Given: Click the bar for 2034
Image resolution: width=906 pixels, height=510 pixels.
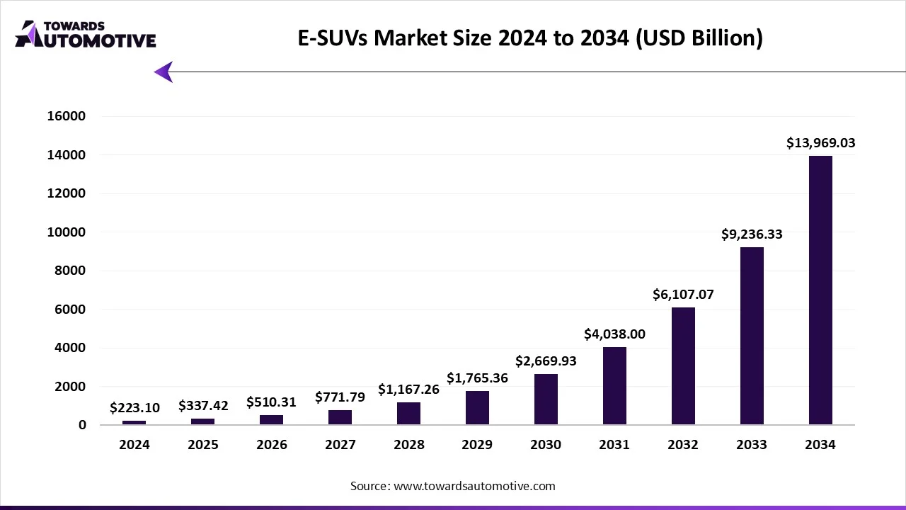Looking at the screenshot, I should point(820,290).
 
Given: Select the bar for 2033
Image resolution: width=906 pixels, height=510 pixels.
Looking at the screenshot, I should point(752,336).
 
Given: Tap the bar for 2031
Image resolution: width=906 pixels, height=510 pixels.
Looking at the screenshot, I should point(614,386).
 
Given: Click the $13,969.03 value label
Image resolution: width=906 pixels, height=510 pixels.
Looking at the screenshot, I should point(820,143).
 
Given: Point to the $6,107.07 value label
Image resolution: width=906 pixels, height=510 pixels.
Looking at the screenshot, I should point(683,295).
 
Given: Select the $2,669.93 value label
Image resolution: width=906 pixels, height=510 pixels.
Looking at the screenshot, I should point(546,361).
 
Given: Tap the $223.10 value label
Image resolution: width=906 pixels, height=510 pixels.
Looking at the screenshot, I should point(134,408).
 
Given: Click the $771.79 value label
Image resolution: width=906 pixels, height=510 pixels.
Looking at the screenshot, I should point(340,397).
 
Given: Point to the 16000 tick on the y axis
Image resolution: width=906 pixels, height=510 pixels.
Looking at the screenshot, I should point(66,116).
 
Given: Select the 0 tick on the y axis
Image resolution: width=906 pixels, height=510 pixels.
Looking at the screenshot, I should point(82,425).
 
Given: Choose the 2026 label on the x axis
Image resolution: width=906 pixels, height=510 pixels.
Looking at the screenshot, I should point(272,445).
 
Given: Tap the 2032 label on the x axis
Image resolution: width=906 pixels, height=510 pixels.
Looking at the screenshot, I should point(683,445).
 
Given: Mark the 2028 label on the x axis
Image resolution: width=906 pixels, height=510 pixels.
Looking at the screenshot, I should point(409,445).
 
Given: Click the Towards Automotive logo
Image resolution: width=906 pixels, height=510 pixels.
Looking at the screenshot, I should point(86,34).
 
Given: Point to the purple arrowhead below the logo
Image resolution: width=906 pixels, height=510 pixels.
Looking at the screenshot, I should point(164,72).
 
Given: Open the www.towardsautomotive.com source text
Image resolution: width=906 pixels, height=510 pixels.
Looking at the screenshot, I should point(474,486).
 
